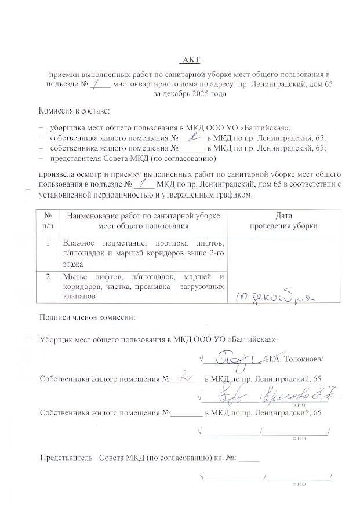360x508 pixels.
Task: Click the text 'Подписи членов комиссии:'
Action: (86, 317)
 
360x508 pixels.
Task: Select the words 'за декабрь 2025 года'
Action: (190, 94)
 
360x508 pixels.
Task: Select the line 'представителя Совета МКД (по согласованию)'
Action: (133, 158)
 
